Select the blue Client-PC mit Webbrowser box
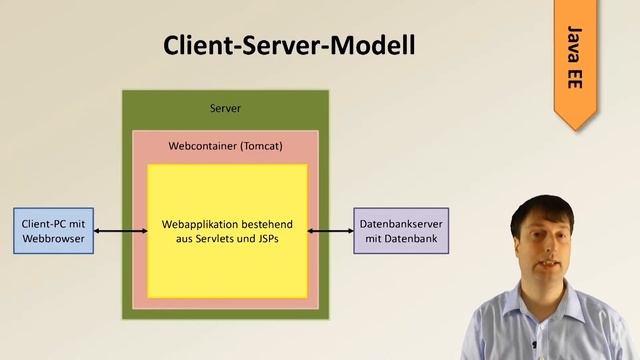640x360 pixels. [54, 232]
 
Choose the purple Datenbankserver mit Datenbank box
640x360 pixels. [401, 232]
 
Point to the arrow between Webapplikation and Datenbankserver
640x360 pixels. [330, 232]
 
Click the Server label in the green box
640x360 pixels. [225, 108]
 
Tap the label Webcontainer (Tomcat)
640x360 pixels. [225, 146]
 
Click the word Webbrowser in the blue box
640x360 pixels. [54, 240]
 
